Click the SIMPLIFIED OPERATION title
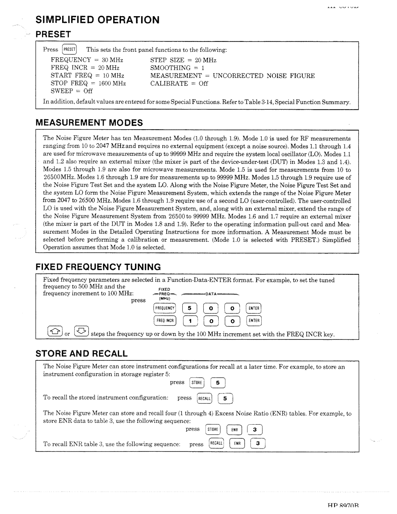coord(97,19)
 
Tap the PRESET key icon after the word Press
coord(69,50)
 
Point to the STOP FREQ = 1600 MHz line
coord(88,83)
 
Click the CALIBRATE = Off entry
coord(179,83)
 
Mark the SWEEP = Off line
coord(72,91)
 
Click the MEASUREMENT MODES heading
coord(89,122)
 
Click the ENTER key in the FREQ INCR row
coord(254,321)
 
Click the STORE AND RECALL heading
coord(82,353)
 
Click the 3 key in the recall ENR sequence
coord(258,443)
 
